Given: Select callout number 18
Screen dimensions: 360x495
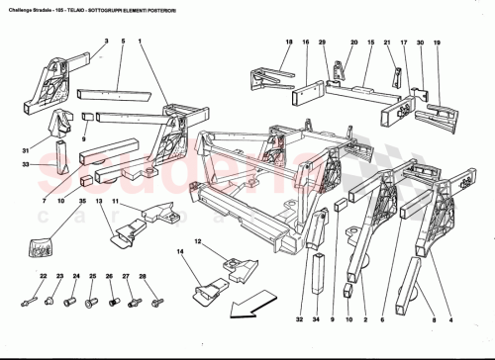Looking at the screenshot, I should (x=289, y=44).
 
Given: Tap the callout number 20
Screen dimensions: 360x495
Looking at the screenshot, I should (x=353, y=44).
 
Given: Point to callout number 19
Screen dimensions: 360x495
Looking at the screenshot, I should (x=437, y=44).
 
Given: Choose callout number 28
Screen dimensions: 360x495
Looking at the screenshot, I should (x=144, y=276).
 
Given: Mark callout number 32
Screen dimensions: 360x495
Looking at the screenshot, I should (x=298, y=319).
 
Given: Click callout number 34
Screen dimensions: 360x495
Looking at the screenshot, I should (x=316, y=319).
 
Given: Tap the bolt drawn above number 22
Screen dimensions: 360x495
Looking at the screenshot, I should (x=39, y=296).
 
